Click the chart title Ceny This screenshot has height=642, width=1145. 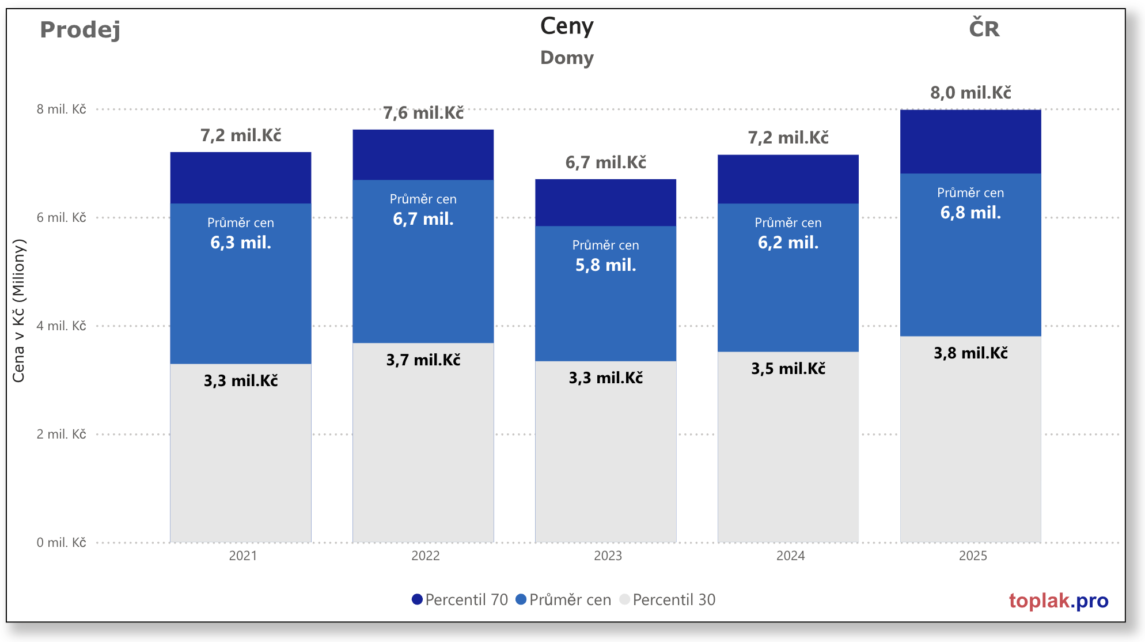tap(567, 27)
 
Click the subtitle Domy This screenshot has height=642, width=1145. tap(567, 58)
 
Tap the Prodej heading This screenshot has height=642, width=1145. tap(80, 29)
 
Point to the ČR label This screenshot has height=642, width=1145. tap(984, 29)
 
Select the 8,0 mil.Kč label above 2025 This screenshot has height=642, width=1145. tap(970, 93)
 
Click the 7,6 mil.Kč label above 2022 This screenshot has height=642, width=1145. tap(423, 113)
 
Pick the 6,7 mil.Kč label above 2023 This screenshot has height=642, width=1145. tap(605, 163)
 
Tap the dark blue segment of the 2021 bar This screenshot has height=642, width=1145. tap(241, 178)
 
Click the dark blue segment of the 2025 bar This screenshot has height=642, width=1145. tap(970, 141)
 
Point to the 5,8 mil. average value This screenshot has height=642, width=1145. tap(605, 265)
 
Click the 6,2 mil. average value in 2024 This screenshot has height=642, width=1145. tap(788, 243)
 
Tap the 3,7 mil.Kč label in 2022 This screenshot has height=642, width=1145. tap(423, 360)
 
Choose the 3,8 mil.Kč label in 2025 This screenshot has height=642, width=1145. tap(970, 353)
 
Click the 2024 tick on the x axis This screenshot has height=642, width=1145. tap(790, 556)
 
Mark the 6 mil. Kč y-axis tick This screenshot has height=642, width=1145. tap(61, 217)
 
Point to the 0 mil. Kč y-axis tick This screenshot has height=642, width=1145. tap(61, 542)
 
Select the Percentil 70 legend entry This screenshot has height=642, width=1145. tap(460, 600)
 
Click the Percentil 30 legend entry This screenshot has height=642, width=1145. tap(668, 600)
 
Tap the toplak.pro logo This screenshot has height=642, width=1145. tap(1058, 601)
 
